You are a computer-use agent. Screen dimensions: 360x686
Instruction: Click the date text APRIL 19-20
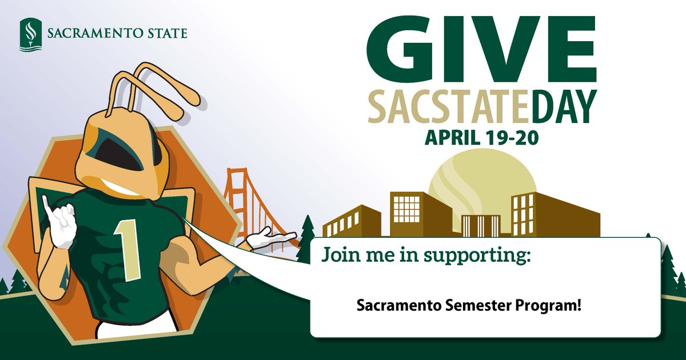pyautogui.click(x=481, y=138)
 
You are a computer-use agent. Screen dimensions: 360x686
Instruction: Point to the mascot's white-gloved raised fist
pyautogui.click(x=63, y=226)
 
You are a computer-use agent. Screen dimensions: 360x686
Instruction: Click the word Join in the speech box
pyautogui.click(x=339, y=254)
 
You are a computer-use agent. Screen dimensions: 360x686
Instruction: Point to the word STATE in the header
pyautogui.click(x=165, y=34)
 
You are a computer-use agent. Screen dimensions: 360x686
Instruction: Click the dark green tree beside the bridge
pyautogui.click(x=308, y=237)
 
